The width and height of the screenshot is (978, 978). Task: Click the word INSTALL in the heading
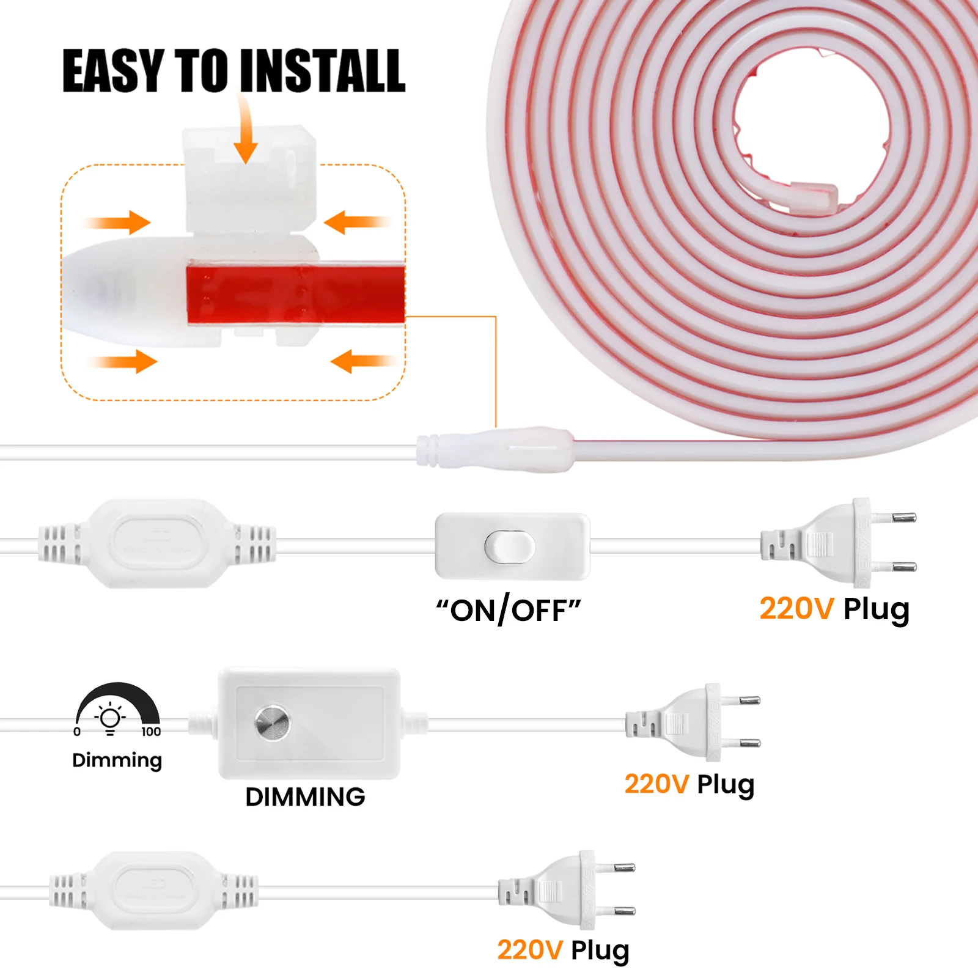coord(322,72)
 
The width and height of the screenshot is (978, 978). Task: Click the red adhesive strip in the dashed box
coord(295,293)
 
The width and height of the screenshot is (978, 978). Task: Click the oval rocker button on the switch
coord(509,546)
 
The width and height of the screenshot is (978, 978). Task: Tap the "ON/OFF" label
coord(508,609)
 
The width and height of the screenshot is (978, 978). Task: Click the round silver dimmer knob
coord(272,722)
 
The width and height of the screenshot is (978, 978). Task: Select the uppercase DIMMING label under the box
coord(305,797)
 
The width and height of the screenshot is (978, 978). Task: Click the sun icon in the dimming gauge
coord(110,718)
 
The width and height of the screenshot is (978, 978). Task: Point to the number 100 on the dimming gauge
coord(151,732)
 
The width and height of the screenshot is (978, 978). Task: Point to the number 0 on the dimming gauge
coord(77,732)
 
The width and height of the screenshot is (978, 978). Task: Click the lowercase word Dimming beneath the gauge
coord(117,761)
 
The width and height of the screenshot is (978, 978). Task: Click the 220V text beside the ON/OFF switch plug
coord(796,609)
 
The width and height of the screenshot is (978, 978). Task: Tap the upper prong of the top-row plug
coord(903,518)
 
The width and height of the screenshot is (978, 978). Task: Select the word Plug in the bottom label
coord(600,951)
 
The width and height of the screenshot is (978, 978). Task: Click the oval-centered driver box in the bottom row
coord(154,891)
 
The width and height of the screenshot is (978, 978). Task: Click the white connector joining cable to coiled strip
coord(495,450)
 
